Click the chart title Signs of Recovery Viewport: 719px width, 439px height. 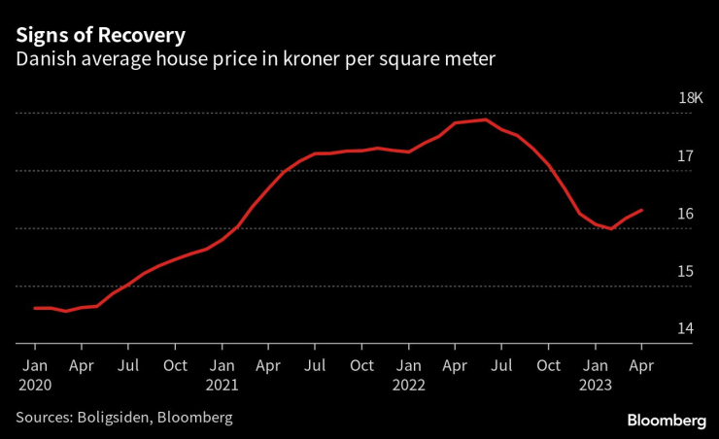click(99, 34)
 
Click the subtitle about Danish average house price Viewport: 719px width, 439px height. click(255, 59)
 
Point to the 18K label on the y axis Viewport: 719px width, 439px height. click(690, 98)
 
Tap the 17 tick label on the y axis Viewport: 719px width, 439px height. click(685, 155)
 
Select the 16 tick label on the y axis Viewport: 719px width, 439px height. click(685, 214)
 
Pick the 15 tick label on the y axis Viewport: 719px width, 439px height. click(685, 271)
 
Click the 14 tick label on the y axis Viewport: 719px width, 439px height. click(685, 328)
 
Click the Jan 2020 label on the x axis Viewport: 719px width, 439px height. click(34, 374)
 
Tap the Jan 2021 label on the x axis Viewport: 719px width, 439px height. click(223, 374)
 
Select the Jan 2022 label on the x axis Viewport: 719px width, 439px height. click(410, 374)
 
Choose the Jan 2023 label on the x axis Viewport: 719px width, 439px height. click(596, 374)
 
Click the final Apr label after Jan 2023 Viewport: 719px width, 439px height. click(641, 366)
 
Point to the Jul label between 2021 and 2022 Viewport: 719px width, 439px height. click(315, 366)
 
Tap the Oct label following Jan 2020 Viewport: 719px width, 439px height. click(175, 366)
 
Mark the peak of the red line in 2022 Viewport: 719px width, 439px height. click(486, 119)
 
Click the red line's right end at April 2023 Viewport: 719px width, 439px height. click(641, 210)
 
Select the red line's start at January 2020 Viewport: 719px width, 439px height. click(35, 308)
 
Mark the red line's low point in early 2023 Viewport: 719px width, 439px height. click(610, 228)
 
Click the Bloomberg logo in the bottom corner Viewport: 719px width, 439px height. click(667, 420)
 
